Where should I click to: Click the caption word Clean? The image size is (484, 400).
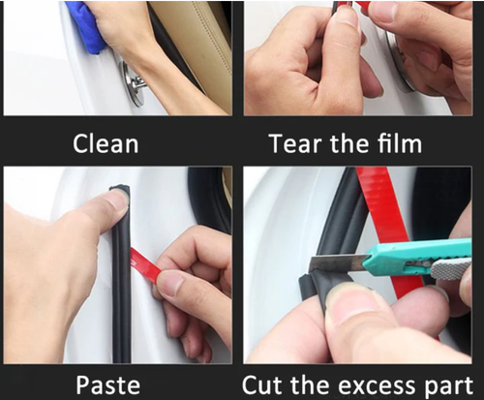(x=106, y=145)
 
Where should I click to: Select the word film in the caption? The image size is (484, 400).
(x=396, y=145)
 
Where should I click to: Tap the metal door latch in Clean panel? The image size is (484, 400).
(x=133, y=82)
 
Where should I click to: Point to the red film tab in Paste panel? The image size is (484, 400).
(x=144, y=262)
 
